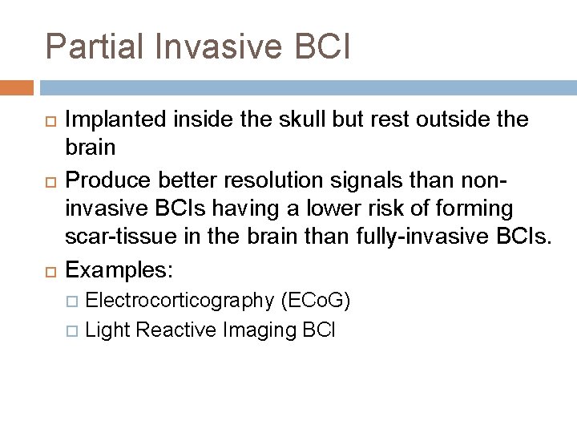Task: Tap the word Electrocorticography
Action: (180, 301)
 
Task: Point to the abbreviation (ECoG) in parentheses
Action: (315, 301)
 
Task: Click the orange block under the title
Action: (17, 87)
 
